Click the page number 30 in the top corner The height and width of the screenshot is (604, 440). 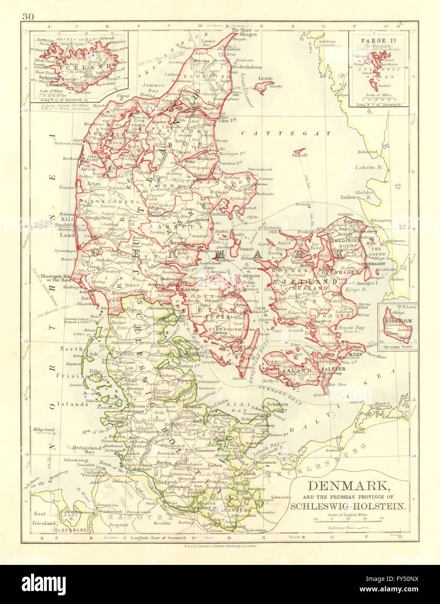click(26, 17)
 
